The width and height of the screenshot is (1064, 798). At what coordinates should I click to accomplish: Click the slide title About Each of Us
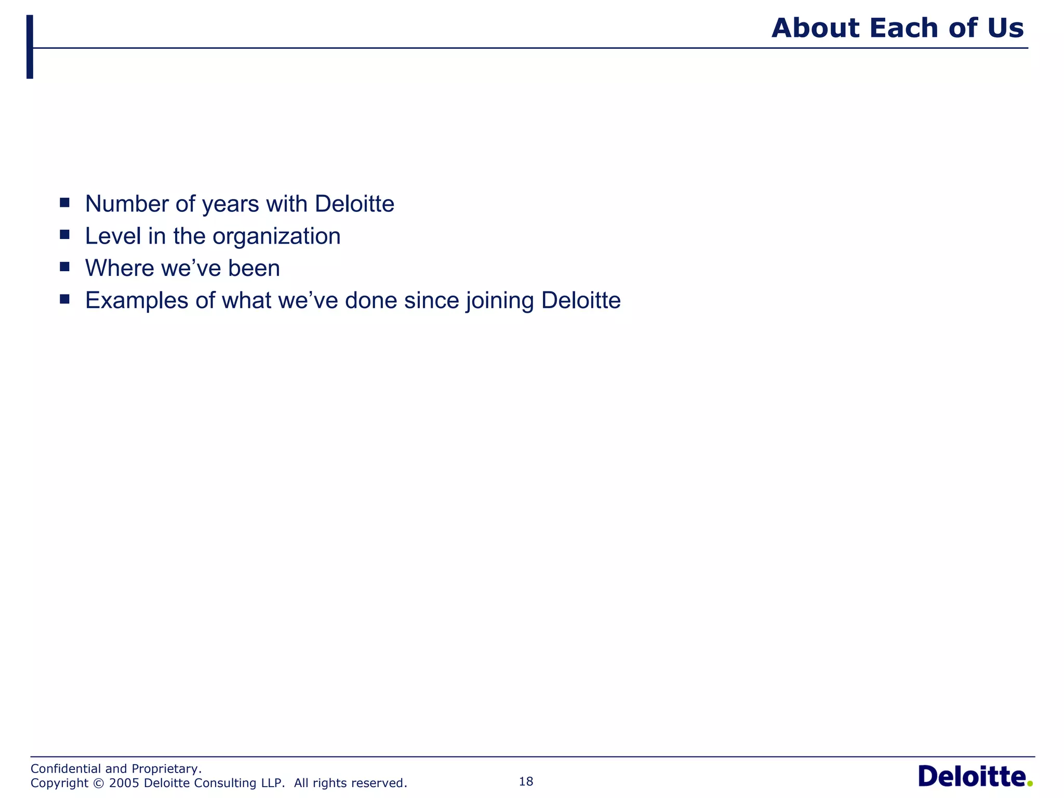tap(897, 28)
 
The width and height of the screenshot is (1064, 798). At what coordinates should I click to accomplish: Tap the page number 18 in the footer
tap(526, 781)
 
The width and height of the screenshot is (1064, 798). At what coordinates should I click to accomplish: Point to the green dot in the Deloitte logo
tap(1030, 783)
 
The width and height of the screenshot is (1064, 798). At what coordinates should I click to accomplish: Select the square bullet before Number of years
tap(64, 202)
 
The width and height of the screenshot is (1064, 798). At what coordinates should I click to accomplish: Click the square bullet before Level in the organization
tap(64, 234)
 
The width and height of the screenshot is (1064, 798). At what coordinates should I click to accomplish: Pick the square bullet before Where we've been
tap(64, 267)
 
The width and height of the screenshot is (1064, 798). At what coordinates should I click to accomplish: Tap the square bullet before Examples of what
tap(64, 299)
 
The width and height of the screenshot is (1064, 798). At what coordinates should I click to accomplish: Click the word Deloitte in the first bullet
tap(354, 204)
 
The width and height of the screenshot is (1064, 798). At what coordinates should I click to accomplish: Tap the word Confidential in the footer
tap(66, 768)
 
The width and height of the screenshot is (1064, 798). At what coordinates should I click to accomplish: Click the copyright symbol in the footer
tap(99, 783)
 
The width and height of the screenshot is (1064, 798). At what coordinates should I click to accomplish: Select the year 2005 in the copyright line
tap(124, 783)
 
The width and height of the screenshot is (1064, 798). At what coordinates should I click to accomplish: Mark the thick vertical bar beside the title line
tap(30, 47)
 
